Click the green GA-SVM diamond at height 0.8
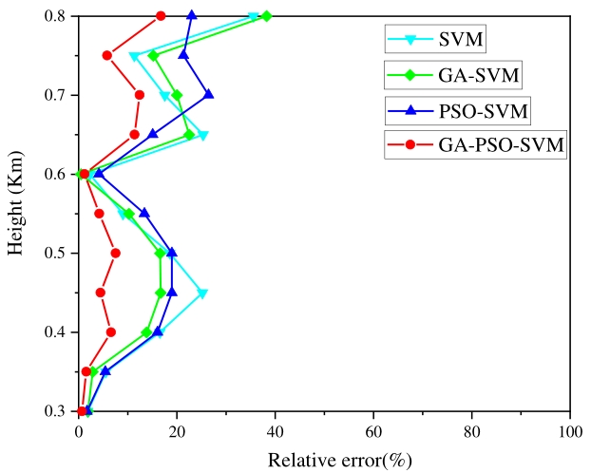(x=266, y=16)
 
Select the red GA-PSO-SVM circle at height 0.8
(x=161, y=16)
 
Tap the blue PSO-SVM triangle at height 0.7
(x=209, y=94)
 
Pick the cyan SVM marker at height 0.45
(x=202, y=293)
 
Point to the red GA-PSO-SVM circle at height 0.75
(x=107, y=55)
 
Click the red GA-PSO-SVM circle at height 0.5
(x=115, y=253)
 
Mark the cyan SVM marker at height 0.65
(x=202, y=135)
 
